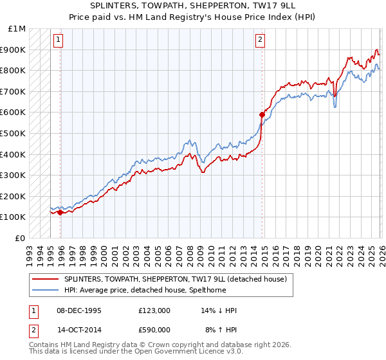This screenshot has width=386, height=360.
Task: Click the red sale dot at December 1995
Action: click(60, 212)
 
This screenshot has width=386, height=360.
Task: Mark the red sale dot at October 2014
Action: click(262, 114)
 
